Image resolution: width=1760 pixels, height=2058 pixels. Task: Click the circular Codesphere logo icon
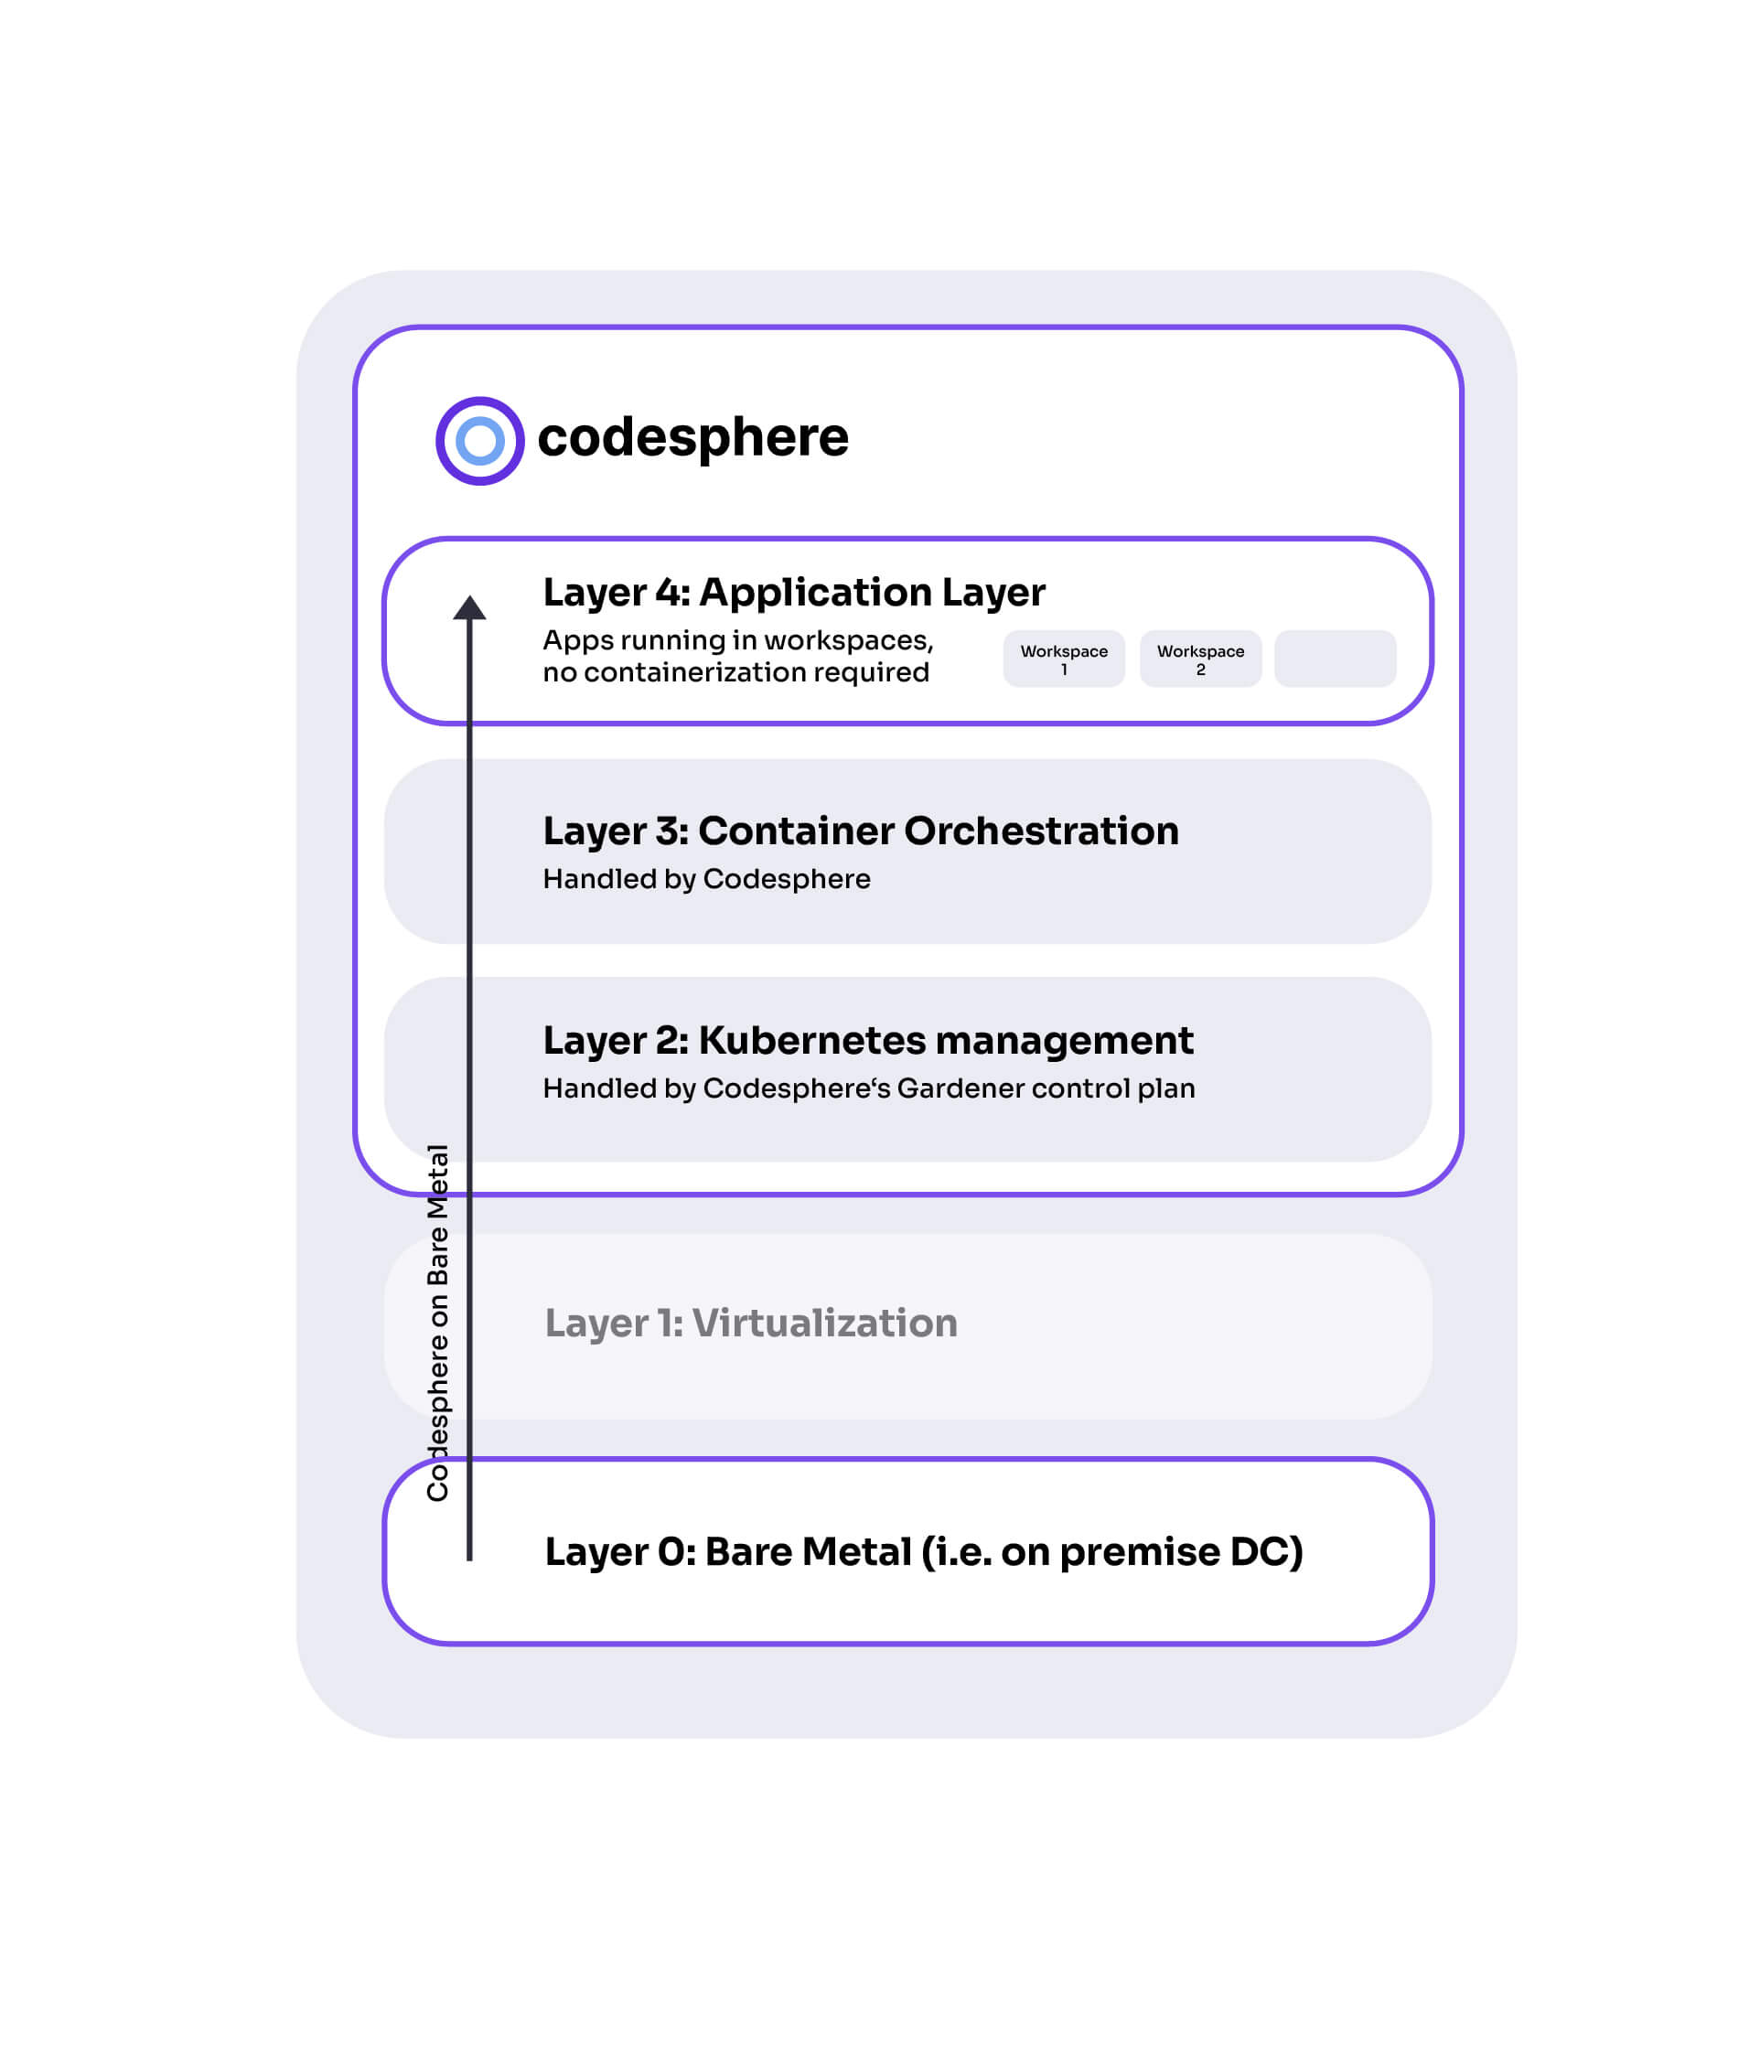(479, 441)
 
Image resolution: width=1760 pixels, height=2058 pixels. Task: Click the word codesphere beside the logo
(692, 438)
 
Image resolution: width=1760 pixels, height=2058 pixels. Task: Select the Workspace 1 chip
(1064, 659)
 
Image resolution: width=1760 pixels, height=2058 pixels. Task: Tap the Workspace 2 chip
(1200, 659)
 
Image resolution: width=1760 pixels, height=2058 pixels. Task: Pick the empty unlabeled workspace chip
(1335, 659)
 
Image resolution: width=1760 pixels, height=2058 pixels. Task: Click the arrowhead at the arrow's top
(470, 606)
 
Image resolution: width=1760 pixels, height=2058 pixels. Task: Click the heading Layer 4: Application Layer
(794, 593)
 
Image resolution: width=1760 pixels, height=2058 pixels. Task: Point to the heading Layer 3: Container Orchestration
(861, 831)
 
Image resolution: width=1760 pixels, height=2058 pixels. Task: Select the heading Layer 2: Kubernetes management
(868, 1040)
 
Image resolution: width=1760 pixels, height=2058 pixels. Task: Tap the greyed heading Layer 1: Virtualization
(751, 1323)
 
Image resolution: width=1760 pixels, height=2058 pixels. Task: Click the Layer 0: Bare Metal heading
(924, 1551)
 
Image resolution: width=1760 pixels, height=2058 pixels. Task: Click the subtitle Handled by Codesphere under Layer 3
(706, 879)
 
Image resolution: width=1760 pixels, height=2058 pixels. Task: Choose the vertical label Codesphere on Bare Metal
(438, 1322)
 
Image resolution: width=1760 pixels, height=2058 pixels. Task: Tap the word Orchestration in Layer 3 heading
(1041, 831)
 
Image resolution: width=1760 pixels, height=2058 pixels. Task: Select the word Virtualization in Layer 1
(824, 1323)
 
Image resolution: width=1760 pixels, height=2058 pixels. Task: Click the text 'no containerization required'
(736, 672)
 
